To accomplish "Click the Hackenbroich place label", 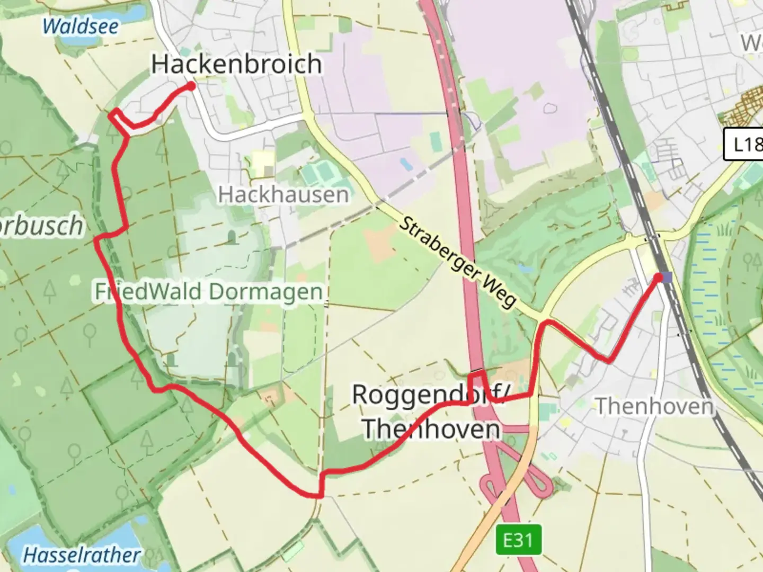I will click(x=236, y=64).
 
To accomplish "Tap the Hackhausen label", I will click(x=283, y=195).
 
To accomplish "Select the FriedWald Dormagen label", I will click(x=209, y=292).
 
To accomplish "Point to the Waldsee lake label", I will click(x=81, y=26).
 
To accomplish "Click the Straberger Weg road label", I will click(x=456, y=262).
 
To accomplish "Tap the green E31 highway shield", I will click(x=518, y=540).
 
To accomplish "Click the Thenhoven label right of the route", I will click(x=655, y=407).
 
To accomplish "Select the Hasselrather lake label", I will click(x=82, y=555).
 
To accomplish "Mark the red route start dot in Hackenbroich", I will click(x=191, y=86).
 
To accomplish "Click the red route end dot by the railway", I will click(x=659, y=277).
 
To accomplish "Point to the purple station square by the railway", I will click(x=667, y=278).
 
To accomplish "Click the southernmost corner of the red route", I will click(x=318, y=496).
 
